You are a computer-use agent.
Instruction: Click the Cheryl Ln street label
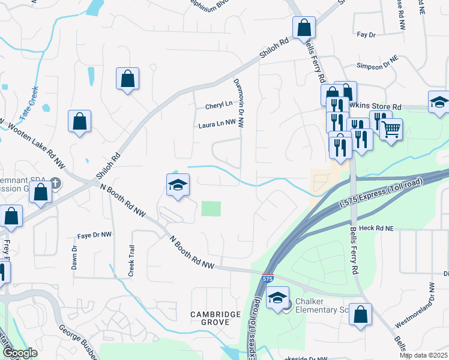click(218, 104)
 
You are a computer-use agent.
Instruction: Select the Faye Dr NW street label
click(95, 235)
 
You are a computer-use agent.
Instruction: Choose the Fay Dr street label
click(366, 35)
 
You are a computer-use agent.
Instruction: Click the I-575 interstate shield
click(268, 279)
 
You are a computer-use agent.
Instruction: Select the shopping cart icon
click(391, 128)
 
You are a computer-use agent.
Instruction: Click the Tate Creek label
click(28, 104)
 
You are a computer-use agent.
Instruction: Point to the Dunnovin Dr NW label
click(240, 103)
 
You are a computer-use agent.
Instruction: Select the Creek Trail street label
click(130, 260)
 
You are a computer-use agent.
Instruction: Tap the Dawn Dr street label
click(74, 257)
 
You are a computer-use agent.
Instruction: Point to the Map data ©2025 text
click(423, 355)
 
